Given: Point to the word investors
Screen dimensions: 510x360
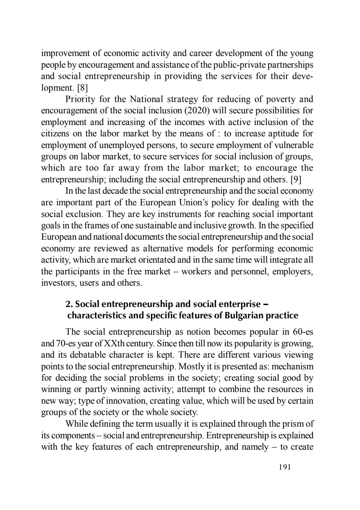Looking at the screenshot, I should pyautogui.click(x=55, y=283).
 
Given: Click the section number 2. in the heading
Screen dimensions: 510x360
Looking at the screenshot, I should pyautogui.click(x=69, y=304).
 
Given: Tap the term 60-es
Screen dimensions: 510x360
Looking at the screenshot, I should pyautogui.click(x=302, y=332).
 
